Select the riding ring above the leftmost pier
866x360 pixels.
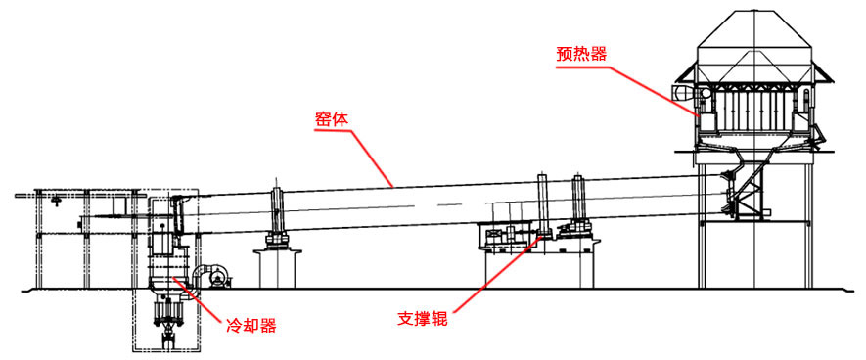tap(277, 209)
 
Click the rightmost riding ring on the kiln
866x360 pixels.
tap(578, 202)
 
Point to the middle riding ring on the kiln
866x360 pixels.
tap(541, 203)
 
